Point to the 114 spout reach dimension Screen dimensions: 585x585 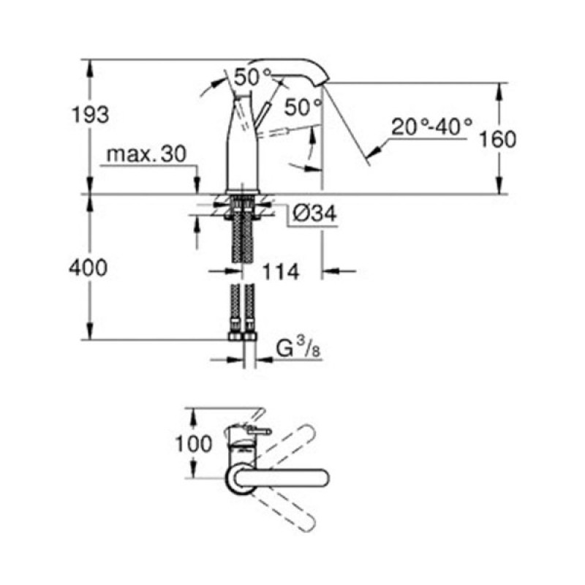(x=281, y=272)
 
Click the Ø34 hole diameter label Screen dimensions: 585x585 (x=314, y=214)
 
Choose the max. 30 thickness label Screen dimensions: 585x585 (x=146, y=154)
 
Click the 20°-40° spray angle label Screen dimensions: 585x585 (x=431, y=127)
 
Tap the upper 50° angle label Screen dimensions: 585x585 (x=252, y=75)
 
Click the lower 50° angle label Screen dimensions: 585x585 (x=303, y=107)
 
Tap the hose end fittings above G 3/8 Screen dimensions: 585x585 (x=242, y=336)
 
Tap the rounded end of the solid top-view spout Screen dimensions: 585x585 (x=320, y=477)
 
